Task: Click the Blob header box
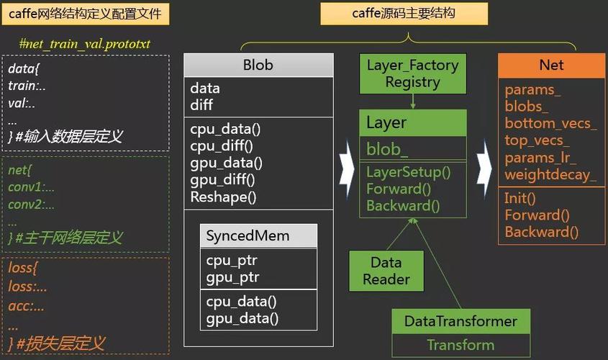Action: [x=258, y=65]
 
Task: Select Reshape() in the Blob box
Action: [x=224, y=197]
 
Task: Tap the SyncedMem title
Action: [x=248, y=236]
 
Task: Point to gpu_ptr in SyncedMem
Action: [x=232, y=277]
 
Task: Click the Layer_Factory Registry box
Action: [x=412, y=73]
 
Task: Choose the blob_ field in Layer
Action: [x=387, y=149]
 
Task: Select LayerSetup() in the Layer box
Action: [x=408, y=172]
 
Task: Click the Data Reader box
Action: [x=386, y=271]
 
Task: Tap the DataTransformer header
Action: [x=460, y=321]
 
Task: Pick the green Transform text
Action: [x=460, y=345]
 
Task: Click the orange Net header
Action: [x=551, y=65]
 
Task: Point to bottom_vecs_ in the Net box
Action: [x=550, y=124]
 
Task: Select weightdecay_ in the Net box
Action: [x=550, y=175]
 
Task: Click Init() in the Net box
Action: [x=521, y=198]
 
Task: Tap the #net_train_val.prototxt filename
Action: [x=85, y=45]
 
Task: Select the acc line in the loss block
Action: [x=27, y=306]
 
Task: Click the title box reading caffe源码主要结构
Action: [x=404, y=14]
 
